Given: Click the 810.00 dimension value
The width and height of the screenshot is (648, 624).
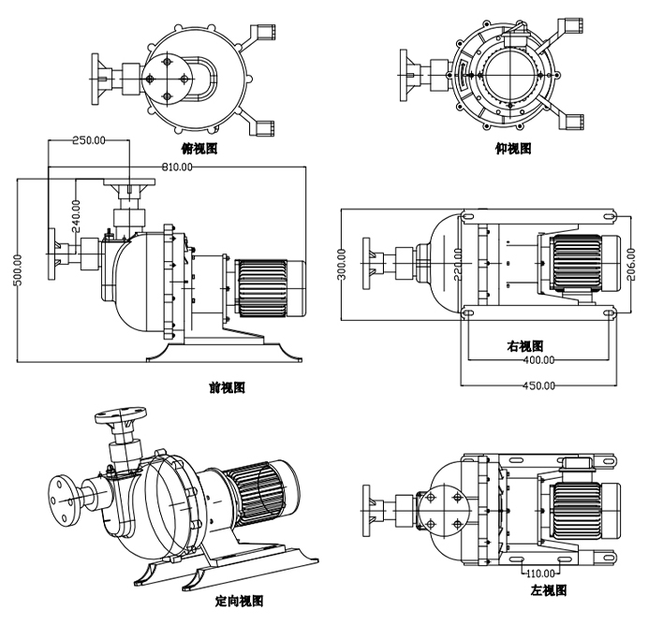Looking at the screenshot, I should [x=177, y=167].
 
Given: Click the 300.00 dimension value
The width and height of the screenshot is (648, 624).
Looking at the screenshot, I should [x=343, y=264].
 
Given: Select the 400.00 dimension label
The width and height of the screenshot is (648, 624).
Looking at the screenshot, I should [x=538, y=359].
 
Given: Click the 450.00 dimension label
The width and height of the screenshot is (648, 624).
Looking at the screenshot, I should [x=538, y=385].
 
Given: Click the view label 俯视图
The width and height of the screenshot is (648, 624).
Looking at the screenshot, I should [x=199, y=149].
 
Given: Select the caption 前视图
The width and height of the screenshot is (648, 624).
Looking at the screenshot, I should [x=227, y=388].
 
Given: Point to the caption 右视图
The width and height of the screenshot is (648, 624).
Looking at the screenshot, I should [x=525, y=346].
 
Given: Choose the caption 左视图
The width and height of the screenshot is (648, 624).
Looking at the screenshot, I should [x=549, y=590].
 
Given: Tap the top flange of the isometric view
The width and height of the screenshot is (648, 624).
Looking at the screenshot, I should [x=124, y=414].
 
